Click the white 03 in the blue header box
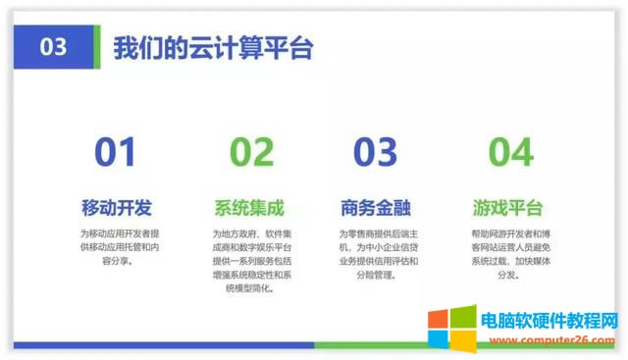pyautogui.click(x=56, y=47)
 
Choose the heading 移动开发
pyautogui.click(x=116, y=208)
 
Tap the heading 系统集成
pyautogui.click(x=249, y=208)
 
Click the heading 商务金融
pyautogui.click(x=376, y=208)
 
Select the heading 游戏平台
pyautogui.click(x=507, y=208)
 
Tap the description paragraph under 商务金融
pyautogui.click(x=379, y=254)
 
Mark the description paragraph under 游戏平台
pyautogui.click(x=507, y=254)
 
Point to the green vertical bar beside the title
pyautogui.click(x=96, y=47)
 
